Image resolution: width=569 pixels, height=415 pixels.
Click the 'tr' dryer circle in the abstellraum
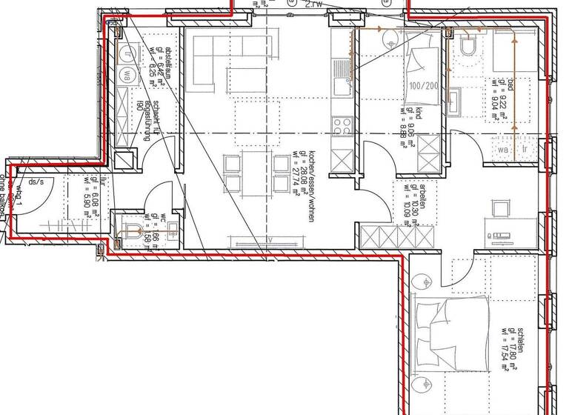(127, 53)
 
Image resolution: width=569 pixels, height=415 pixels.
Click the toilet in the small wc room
(132, 229)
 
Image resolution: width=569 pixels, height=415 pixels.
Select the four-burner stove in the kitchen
(342, 123)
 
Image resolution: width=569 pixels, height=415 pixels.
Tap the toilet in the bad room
(467, 49)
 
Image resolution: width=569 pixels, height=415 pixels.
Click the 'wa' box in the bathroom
(504, 149)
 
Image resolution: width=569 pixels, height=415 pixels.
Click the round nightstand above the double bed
(422, 281)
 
